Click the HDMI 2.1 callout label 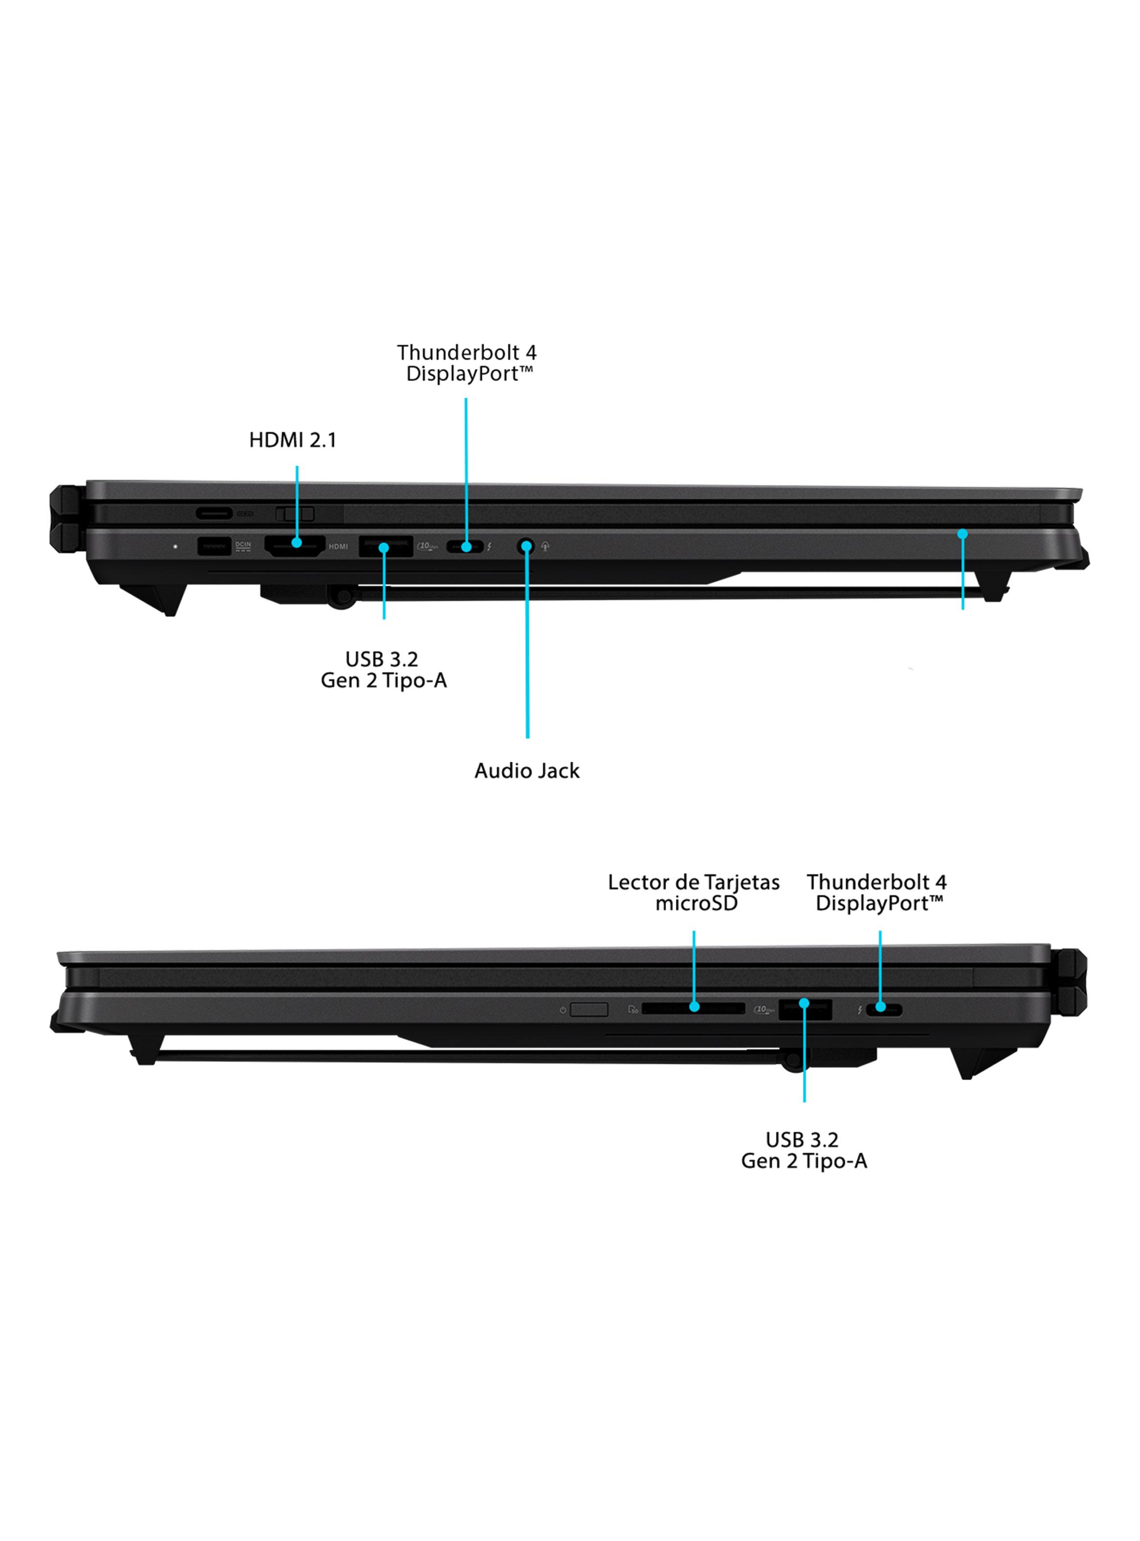292,440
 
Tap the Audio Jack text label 527,771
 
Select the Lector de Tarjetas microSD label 693,892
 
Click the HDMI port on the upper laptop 295,546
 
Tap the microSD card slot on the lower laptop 693,1008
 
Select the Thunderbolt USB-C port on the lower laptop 884,1010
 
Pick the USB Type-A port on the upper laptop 386,546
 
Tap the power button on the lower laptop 589,1010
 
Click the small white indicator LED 175,546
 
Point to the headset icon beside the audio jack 545,546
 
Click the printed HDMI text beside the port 338,546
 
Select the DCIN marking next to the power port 243,546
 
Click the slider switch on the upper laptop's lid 295,514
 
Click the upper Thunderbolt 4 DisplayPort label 467,363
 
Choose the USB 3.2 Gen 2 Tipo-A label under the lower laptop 804,1151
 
